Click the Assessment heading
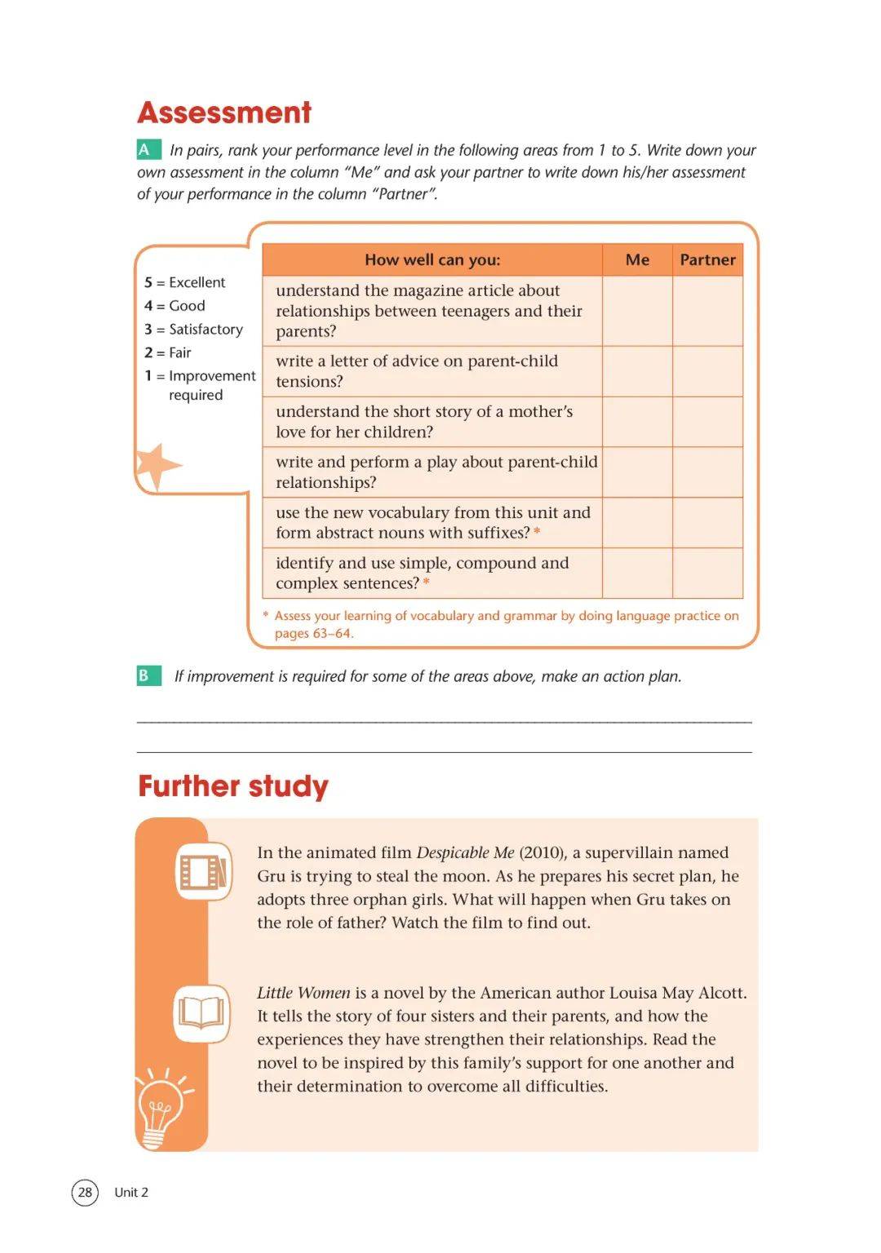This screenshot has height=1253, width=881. coord(224,113)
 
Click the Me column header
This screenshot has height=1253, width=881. coord(637,260)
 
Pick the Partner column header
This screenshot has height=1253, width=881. coord(707,260)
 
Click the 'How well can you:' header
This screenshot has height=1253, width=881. coord(432,260)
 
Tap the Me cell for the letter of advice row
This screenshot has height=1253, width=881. coord(637,372)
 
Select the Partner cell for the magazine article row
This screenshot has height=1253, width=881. coord(707,311)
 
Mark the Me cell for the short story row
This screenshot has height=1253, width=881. coord(637,422)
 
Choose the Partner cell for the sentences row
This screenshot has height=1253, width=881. coord(707,573)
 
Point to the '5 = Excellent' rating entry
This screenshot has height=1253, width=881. coord(185,282)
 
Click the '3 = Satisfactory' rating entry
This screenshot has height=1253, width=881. coord(194,330)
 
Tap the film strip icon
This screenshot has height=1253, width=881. coord(203,871)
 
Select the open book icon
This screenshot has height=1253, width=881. coord(201,1013)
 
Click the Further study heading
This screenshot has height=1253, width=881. coord(233,786)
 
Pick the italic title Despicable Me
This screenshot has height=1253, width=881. coord(465,852)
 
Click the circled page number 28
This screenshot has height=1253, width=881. coord(85,1192)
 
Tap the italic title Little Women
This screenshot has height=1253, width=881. coord(303,993)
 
